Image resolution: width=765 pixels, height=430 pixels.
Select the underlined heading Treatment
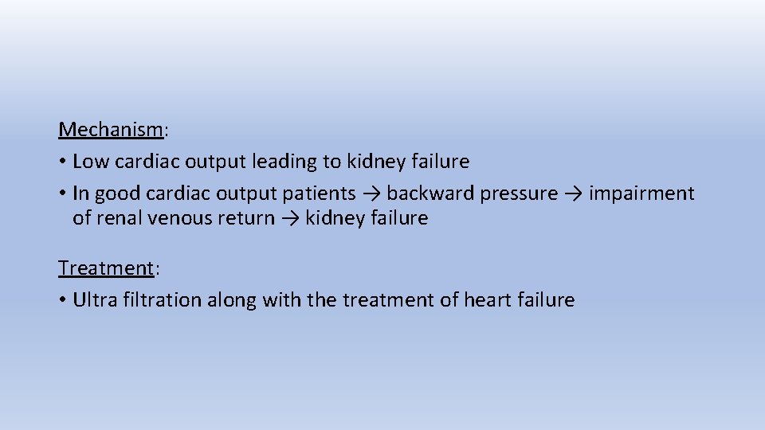click(x=105, y=268)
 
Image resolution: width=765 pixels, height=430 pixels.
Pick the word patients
click(x=320, y=193)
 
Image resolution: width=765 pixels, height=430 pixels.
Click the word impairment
click(x=641, y=193)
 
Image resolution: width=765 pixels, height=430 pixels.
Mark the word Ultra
click(x=93, y=300)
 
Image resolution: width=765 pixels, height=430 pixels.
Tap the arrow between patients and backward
click(x=371, y=194)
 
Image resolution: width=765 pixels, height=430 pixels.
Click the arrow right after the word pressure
click(x=574, y=194)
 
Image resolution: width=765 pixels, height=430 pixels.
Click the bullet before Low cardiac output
click(x=62, y=162)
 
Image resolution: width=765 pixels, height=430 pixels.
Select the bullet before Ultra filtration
click(x=62, y=301)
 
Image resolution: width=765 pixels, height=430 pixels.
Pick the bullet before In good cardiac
click(x=62, y=194)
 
